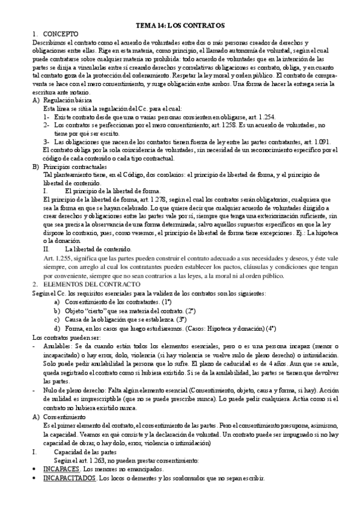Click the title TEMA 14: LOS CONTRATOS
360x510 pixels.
coord(180,26)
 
